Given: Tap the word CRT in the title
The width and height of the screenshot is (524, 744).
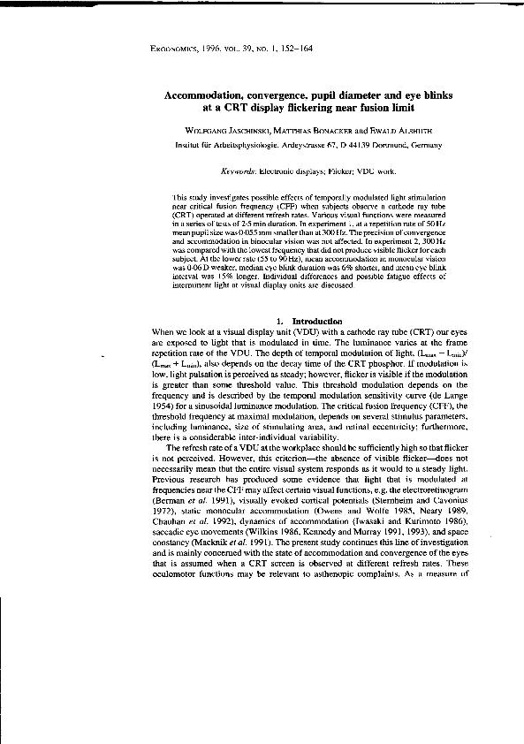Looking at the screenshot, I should tap(232, 109).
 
